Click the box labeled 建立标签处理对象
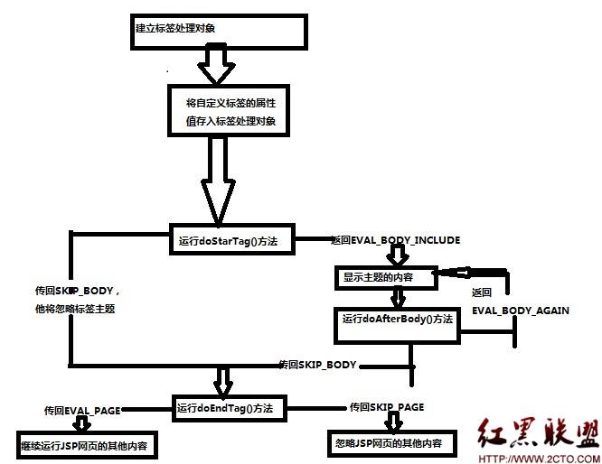coord(217,30)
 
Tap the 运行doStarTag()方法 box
coord(232,240)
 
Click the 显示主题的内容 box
coord(385,278)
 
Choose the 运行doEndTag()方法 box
coord(228,408)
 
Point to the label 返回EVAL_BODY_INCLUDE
coord(396,240)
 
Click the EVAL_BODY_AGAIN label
coord(520,310)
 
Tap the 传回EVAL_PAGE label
coord(82,410)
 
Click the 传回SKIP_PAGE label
coord(386,407)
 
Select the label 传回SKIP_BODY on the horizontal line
coord(317,364)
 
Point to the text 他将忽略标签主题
coord(76,309)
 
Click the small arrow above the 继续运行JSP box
coord(83,424)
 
